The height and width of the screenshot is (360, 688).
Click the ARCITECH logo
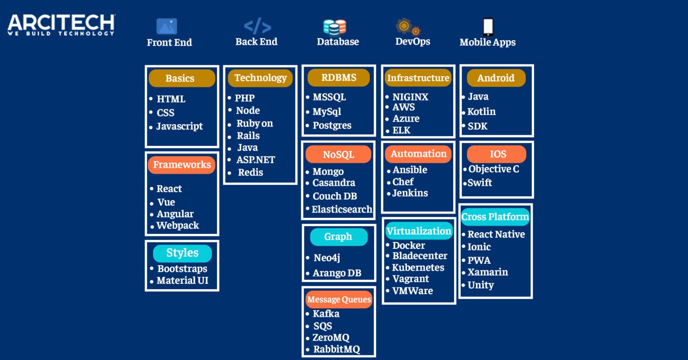[x=61, y=25]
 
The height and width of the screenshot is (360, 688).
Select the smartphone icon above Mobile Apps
[x=488, y=27]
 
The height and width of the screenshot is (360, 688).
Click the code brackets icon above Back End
[x=258, y=26]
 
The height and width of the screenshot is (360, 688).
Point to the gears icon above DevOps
[x=408, y=27]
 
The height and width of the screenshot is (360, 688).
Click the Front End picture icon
[x=167, y=26]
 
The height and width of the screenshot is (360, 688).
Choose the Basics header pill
[x=182, y=78]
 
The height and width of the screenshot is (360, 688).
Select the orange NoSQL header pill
[x=339, y=154]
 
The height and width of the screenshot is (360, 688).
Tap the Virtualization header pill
[x=419, y=231]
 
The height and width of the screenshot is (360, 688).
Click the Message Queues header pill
[x=339, y=299]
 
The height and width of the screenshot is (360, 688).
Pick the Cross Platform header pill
[x=495, y=217]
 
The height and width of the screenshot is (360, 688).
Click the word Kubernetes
[x=418, y=268]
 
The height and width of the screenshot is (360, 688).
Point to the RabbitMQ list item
[x=336, y=349]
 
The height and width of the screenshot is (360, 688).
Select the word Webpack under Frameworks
[x=178, y=226]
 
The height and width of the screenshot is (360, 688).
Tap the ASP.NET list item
[x=256, y=160]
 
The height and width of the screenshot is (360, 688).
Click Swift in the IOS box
[x=480, y=183]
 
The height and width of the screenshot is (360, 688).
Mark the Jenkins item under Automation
[x=410, y=193]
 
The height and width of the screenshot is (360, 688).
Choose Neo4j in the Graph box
[x=327, y=258]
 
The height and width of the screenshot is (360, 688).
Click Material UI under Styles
[x=182, y=280]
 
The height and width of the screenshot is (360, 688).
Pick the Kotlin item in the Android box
[x=482, y=111]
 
